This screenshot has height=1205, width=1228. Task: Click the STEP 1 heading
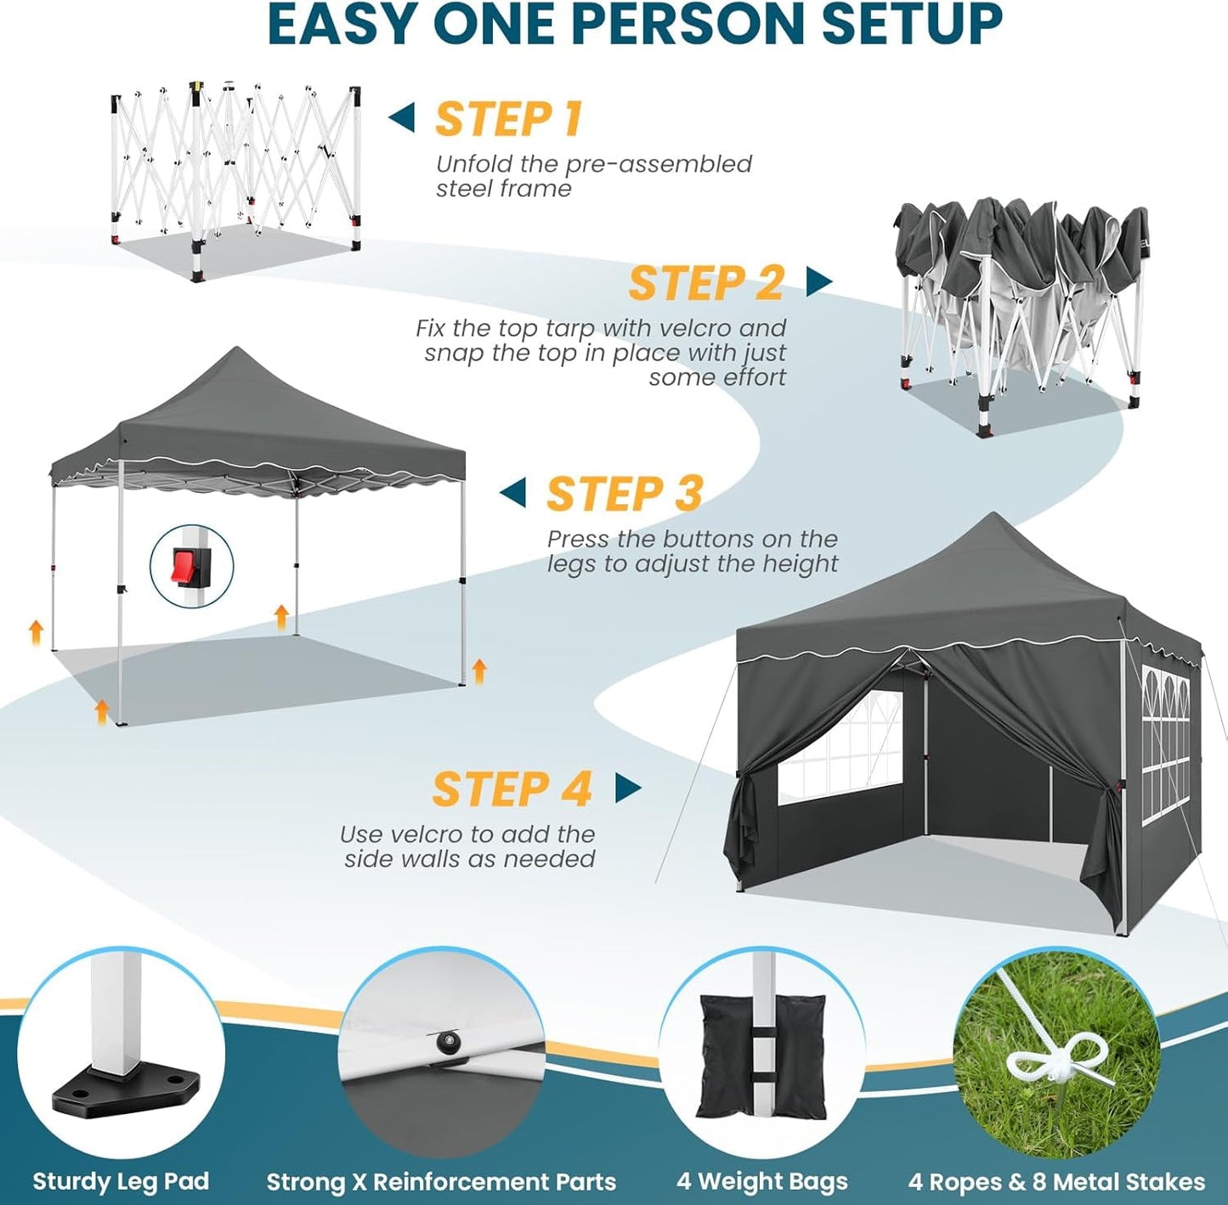[508, 119]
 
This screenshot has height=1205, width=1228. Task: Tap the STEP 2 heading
[705, 283]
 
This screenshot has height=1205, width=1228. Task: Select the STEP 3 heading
[625, 494]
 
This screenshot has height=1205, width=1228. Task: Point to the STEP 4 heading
[512, 789]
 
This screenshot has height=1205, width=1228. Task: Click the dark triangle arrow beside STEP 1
[402, 117]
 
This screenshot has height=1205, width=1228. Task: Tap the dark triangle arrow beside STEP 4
[627, 788]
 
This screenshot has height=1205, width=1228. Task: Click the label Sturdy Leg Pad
[121, 1181]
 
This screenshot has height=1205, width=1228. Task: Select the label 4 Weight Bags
[762, 1181]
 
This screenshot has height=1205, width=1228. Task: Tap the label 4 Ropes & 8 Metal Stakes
[1056, 1181]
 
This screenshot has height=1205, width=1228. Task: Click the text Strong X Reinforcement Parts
[441, 1181]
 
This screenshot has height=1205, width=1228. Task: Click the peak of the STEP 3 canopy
[237, 350]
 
